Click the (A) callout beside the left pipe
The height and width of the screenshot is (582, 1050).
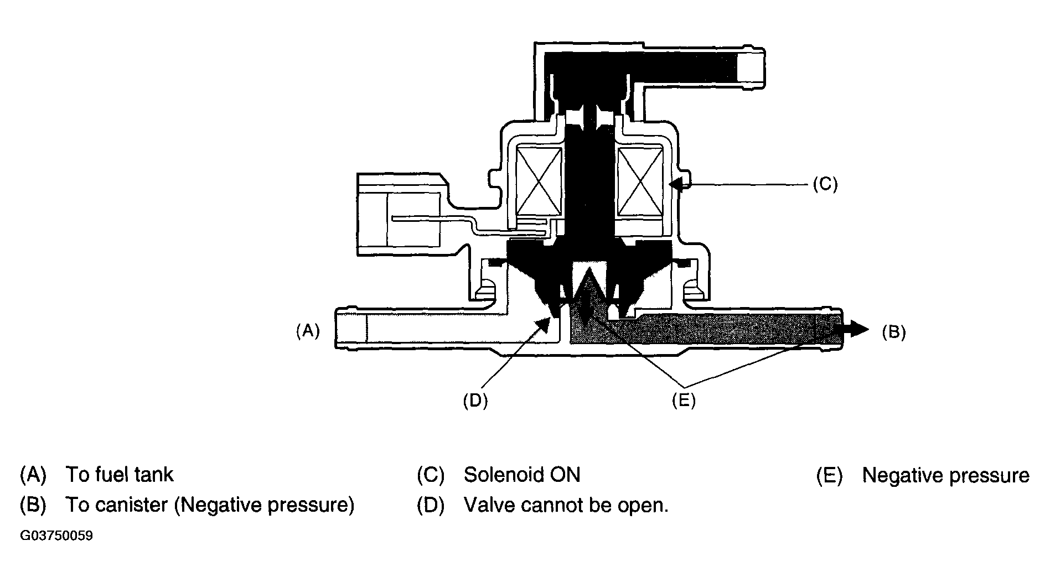(308, 331)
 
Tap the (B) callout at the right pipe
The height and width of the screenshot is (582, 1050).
(893, 332)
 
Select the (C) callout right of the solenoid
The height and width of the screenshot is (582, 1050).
(825, 184)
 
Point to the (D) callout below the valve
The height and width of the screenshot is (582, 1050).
(475, 401)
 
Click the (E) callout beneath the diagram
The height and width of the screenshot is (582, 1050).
(684, 401)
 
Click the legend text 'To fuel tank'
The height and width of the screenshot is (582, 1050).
(120, 475)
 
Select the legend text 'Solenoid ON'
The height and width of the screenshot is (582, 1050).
(522, 475)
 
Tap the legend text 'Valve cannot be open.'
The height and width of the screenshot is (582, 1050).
(566, 505)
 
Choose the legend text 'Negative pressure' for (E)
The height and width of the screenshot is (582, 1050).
(946, 475)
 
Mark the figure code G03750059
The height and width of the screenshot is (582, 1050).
(56, 536)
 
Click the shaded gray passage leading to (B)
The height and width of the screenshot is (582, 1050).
(703, 329)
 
